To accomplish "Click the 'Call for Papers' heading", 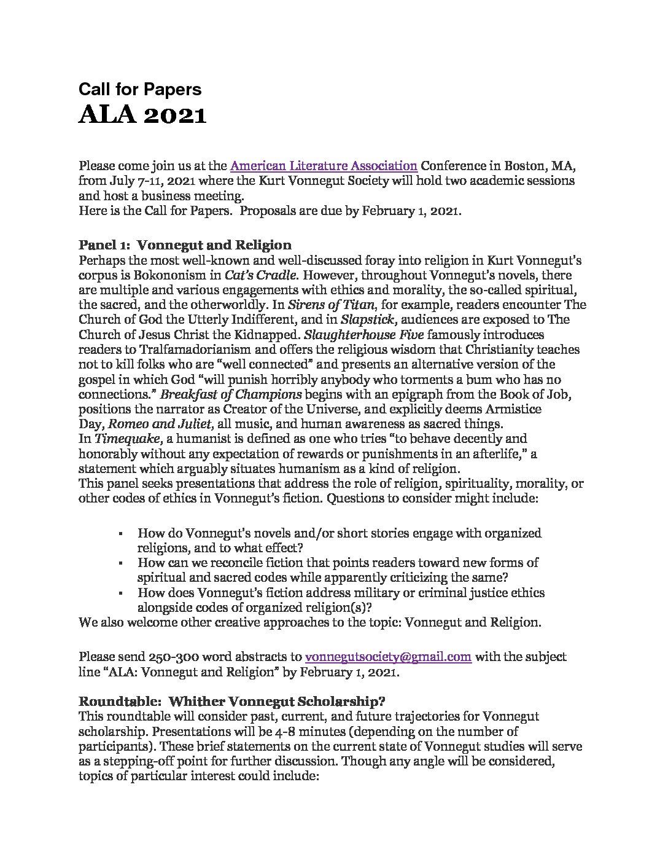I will pyautogui.click(x=139, y=90).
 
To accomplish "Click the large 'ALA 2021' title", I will pyautogui.click(x=142, y=115).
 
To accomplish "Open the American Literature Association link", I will pyautogui.click(x=324, y=165).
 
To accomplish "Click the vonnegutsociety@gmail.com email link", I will pyautogui.click(x=388, y=657).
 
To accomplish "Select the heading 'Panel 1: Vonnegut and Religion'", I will pyautogui.click(x=185, y=245).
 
